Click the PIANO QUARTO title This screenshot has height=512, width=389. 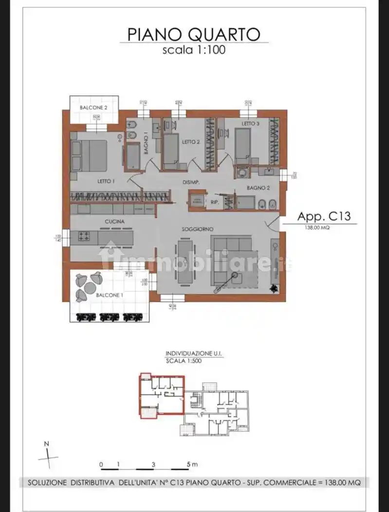194,34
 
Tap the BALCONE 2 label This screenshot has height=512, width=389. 93,107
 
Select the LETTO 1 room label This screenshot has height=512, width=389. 106,181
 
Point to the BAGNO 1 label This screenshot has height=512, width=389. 146,144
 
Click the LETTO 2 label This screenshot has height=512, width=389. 191,142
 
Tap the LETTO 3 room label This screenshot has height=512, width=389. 251,124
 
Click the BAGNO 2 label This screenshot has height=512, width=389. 258,188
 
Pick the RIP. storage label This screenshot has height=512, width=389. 214,201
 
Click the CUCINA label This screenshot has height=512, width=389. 114,221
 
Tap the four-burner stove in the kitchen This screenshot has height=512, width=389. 84,237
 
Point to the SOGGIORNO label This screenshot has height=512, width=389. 198,229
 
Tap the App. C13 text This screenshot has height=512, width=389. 324,217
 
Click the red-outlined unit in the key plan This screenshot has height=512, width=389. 162,394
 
